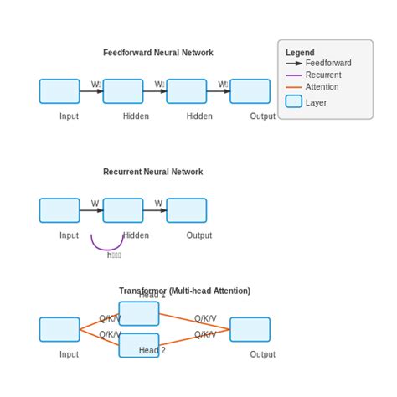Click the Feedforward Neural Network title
pos(157,53)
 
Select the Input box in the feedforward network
pos(59,91)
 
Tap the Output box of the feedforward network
pos(250,91)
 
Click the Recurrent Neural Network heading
pos(152,172)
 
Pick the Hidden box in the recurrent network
pos(123,210)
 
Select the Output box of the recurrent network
pos(186,210)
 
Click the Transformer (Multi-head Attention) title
pos(184,291)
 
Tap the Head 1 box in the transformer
pos(139,314)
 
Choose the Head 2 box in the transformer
pos(139,345)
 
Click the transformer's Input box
pos(59,329)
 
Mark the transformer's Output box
pos(250,329)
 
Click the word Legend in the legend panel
pos(300,53)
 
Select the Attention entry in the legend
pos(322,87)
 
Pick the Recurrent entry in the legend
pos(322,75)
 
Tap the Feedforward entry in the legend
pos(327,63)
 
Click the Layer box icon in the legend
pos(293,101)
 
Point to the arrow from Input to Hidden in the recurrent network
pos(90,210)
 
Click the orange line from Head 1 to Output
pos(194,322)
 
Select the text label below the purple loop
pos(114,255)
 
